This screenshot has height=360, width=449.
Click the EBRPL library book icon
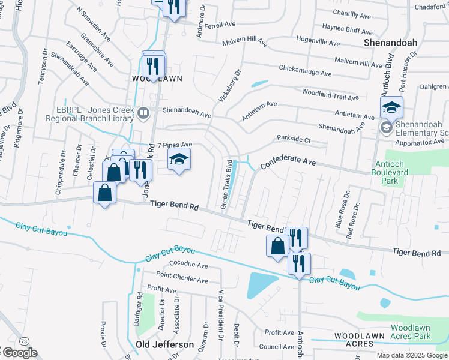click(143, 112)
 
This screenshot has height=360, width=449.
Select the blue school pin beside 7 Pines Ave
click(178, 160)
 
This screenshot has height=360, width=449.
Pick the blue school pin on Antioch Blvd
click(391, 108)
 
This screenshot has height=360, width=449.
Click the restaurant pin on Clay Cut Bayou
click(298, 263)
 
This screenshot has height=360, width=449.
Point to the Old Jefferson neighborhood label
click(164, 344)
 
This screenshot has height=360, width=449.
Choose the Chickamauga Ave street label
click(305, 71)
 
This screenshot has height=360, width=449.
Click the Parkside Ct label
click(294, 139)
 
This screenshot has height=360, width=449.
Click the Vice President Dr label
click(221, 315)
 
